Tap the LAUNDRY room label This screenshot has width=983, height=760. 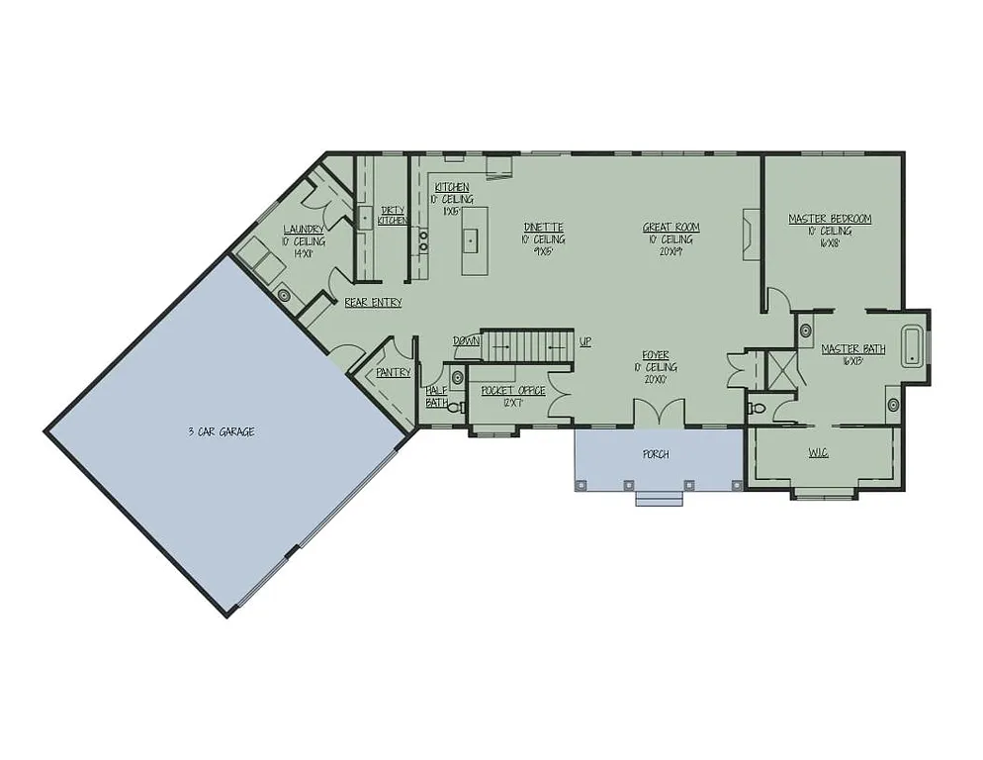[304, 230]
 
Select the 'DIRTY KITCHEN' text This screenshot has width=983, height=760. [393, 215]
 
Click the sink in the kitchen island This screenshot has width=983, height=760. [472, 237]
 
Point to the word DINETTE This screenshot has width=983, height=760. [544, 228]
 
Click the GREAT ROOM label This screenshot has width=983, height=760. [670, 228]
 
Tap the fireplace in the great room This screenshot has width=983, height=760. [752, 233]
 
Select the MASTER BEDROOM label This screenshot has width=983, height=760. [830, 219]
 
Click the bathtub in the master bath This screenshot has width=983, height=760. [913, 346]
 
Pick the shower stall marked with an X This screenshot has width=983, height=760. [780, 370]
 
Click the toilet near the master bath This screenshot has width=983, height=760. [757, 407]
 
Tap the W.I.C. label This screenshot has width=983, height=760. [818, 452]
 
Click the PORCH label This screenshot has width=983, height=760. [656, 454]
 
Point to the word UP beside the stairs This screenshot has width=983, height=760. [585, 341]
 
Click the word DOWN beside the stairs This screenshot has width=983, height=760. [466, 340]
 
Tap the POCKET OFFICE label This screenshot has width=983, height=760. [512, 390]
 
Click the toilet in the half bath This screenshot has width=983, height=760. [456, 406]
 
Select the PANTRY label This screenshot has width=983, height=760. [393, 373]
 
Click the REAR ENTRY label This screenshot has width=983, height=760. [373, 303]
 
